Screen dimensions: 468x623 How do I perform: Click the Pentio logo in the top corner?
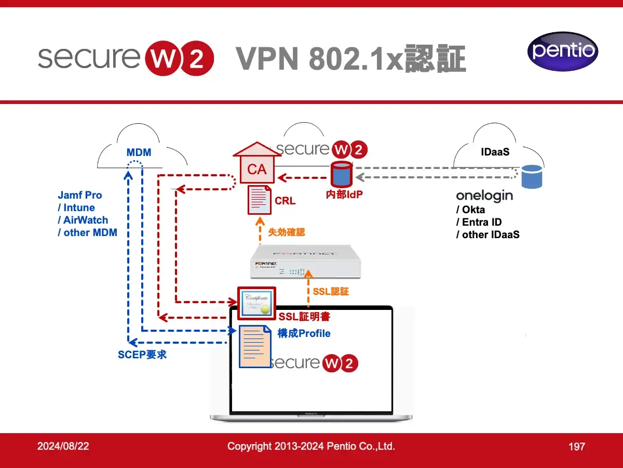coord(563,51)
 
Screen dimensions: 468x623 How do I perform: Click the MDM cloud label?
coord(139,152)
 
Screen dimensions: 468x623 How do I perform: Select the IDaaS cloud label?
coord(495,152)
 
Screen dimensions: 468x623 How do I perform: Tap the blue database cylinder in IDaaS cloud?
coord(531,177)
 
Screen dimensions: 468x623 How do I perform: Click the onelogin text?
coord(484,196)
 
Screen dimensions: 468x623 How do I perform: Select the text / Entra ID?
coord(479,222)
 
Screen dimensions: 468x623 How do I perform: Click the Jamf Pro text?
coord(80,196)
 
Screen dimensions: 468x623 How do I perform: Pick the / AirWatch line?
coord(83,220)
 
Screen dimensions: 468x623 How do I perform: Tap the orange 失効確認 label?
coord(286,232)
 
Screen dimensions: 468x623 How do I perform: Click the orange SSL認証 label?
coord(331,292)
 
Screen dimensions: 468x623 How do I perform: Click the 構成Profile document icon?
coord(254,346)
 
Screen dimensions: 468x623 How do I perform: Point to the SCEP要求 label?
coord(142,355)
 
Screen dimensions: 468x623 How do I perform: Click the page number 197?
coord(577,446)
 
